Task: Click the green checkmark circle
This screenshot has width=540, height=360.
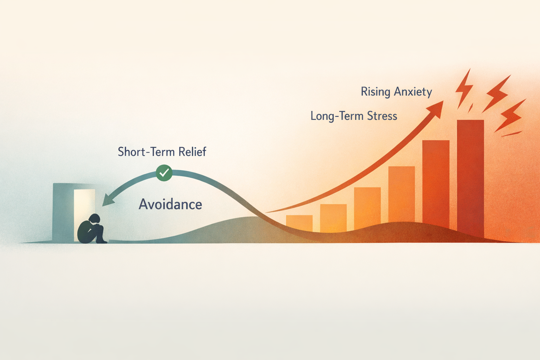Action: [164, 173]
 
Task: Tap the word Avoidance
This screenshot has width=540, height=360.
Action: [171, 205]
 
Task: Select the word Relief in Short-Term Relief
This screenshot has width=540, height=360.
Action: [192, 152]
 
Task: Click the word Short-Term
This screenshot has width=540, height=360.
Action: [146, 152]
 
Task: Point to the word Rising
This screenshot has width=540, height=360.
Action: [375, 92]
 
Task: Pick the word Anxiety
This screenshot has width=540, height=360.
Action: [413, 92]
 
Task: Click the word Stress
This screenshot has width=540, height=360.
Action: [382, 116]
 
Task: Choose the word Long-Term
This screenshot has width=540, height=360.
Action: [337, 116]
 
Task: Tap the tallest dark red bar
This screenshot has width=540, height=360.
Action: [470, 176]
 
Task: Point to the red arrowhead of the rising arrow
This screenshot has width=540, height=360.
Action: [437, 108]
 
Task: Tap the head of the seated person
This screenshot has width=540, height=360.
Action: [94, 219]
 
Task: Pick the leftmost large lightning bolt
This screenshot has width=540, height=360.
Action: [463, 88]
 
